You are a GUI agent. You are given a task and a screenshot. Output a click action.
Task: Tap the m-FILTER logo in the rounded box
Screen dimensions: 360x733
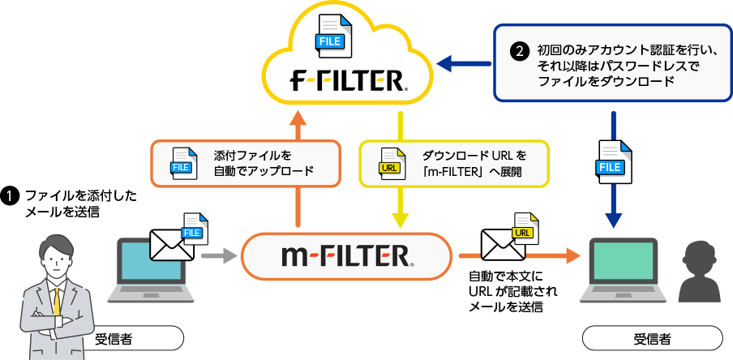347,257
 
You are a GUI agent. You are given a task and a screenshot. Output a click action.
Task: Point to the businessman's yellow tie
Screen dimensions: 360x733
56,299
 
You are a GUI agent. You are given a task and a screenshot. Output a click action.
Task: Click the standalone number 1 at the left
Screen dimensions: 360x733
9,196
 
